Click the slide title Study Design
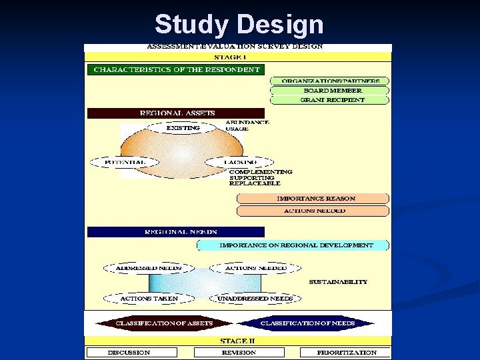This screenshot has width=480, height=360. tap(239, 25)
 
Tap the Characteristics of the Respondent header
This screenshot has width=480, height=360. tap(176, 69)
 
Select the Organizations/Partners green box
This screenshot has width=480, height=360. tap(329, 81)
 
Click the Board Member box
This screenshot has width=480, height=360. tap(329, 90)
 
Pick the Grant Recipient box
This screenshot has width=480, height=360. tap(329, 100)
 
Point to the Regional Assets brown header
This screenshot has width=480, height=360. tap(176, 113)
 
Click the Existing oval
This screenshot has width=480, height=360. tap(182, 127)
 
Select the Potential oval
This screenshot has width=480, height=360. tap(117, 162)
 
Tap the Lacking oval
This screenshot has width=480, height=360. tap(239, 162)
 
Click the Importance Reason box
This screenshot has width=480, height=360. tap(313, 199)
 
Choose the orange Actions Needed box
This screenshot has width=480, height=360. tap(313, 211)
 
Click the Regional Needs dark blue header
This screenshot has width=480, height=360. tap(176, 232)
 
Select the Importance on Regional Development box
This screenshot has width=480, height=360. tap(294, 245)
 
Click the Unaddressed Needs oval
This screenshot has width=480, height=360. tap(251, 299)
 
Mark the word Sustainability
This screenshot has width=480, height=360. tap(338, 282)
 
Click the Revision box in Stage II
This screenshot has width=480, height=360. tap(239, 352)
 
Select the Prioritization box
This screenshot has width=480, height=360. tap(345, 352)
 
